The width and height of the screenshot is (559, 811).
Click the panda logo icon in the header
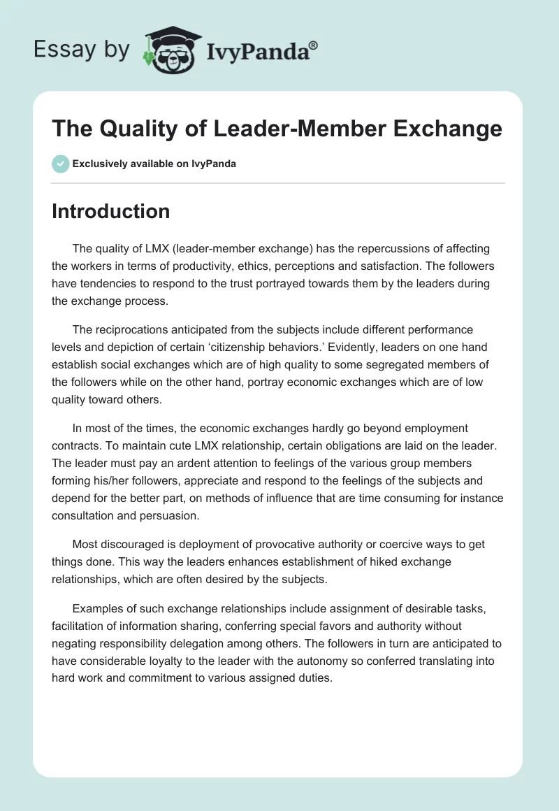170,50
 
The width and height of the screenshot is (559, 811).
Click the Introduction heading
110,211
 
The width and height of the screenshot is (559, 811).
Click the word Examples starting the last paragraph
98,608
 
